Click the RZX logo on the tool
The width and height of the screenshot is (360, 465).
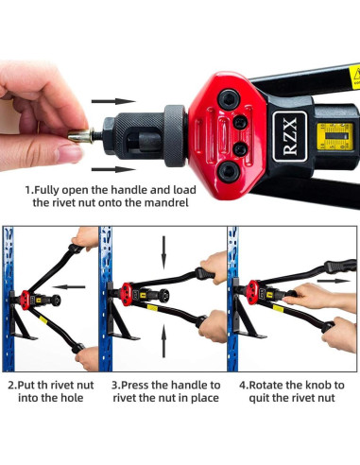[x=289, y=136]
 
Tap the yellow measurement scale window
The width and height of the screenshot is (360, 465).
[x=334, y=136]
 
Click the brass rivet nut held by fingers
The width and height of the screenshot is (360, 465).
[x=80, y=136]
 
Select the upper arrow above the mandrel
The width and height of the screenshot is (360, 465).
[x=113, y=101]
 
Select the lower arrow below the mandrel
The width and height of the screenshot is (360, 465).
[x=113, y=169]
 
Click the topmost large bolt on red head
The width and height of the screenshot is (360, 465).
[x=229, y=99]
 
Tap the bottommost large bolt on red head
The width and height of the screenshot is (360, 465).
[x=229, y=172]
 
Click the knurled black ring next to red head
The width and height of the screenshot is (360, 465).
[x=175, y=136]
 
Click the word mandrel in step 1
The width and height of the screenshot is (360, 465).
[x=166, y=202]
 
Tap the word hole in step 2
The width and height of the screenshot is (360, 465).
[x=72, y=398]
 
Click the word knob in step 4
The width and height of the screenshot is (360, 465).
[x=315, y=386]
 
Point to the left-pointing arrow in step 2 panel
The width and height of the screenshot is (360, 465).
[x=69, y=286]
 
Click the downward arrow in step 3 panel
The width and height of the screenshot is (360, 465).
[x=163, y=252]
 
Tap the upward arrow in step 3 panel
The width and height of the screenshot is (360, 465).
[x=163, y=341]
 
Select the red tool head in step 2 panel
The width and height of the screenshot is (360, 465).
[x=25, y=300]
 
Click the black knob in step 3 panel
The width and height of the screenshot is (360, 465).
[x=164, y=296]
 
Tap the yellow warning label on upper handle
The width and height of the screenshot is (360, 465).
[x=354, y=77]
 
